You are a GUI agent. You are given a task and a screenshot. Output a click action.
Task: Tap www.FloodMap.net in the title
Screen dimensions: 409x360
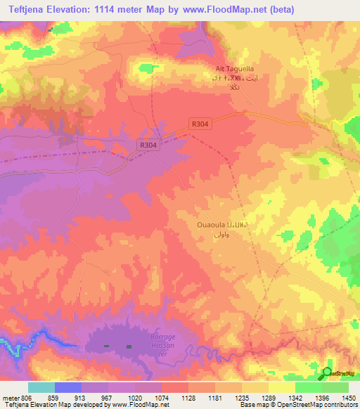224,9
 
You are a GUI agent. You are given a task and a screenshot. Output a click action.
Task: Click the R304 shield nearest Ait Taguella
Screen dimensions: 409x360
200,123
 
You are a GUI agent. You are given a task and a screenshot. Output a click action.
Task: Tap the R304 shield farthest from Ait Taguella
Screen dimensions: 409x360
147,144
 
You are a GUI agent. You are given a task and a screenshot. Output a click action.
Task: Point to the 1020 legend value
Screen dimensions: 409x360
145,398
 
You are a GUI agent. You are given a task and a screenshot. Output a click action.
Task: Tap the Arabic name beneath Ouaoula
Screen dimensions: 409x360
221,234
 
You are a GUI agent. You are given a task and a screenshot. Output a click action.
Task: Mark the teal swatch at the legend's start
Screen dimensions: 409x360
41,387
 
